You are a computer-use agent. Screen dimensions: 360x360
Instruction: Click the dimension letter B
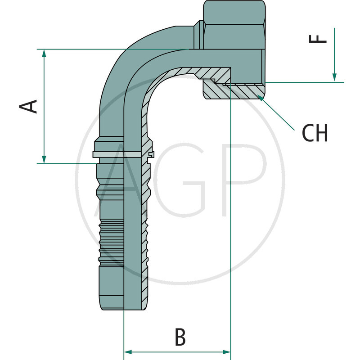[180, 337]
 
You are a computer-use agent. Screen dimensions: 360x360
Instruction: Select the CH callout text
[315, 133]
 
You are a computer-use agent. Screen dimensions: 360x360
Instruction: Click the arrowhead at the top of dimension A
[44, 53]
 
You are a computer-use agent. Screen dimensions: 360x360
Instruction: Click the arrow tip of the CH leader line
[260, 96]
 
